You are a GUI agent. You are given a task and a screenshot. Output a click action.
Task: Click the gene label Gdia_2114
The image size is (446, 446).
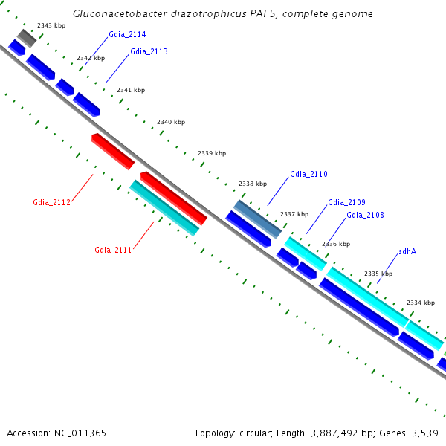[126, 35]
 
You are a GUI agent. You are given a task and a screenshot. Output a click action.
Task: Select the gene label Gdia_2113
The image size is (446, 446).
[149, 52]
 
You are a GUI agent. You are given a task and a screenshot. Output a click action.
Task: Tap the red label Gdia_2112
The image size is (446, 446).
[51, 202]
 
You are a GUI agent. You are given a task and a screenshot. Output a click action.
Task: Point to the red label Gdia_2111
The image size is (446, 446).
[113, 250]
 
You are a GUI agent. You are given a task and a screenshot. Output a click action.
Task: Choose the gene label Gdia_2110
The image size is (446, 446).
[308, 175]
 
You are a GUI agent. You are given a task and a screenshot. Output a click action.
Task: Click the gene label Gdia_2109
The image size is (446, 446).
[346, 202]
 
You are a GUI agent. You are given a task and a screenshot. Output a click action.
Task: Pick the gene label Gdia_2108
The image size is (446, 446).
[365, 216]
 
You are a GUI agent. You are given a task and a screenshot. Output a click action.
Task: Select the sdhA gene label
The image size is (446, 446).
[407, 251]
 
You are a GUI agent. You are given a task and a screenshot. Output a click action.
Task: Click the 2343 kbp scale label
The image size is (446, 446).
[51, 26]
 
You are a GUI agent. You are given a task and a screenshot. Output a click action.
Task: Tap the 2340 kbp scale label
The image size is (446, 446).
[171, 122]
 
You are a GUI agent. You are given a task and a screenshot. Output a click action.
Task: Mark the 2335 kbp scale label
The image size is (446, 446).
[378, 274]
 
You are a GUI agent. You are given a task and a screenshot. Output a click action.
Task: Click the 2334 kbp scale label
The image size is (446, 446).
[420, 303]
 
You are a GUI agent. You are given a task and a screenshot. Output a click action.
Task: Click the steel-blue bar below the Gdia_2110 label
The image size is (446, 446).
[258, 219]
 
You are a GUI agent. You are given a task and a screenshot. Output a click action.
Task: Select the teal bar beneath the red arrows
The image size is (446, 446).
[164, 207]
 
